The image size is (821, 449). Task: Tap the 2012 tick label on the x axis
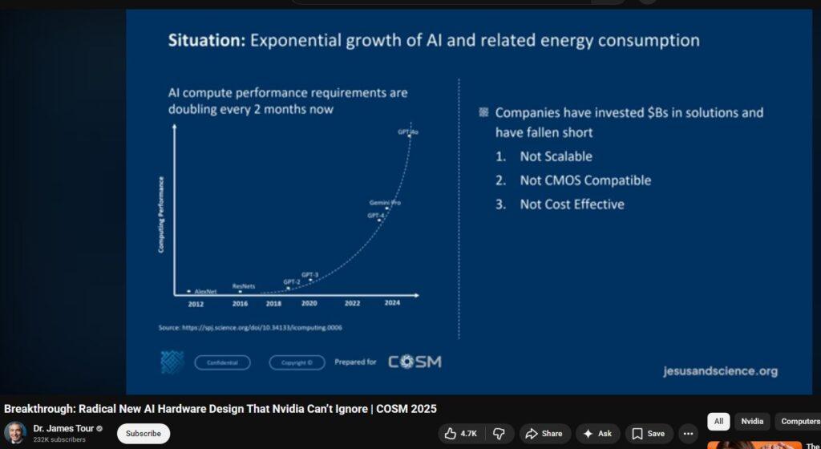click(x=196, y=304)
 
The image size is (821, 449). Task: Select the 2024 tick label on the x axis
click(x=392, y=303)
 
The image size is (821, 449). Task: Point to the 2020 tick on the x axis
click(x=309, y=304)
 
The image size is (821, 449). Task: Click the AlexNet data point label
click(x=205, y=292)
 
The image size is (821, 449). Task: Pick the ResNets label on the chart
click(x=244, y=285)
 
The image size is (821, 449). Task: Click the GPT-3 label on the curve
click(x=309, y=275)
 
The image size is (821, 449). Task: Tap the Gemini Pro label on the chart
click(x=385, y=203)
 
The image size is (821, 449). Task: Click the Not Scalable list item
click(x=556, y=156)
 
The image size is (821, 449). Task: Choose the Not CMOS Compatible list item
click(x=585, y=180)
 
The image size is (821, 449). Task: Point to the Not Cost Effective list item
click(x=572, y=204)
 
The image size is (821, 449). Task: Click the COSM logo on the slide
click(x=415, y=362)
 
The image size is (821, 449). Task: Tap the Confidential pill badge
click(x=222, y=362)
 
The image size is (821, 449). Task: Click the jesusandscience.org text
click(x=720, y=371)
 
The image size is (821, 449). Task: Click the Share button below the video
click(x=544, y=434)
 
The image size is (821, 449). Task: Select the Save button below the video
click(x=649, y=434)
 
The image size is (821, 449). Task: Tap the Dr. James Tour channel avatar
click(x=15, y=433)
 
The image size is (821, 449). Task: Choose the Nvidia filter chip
click(x=751, y=421)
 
